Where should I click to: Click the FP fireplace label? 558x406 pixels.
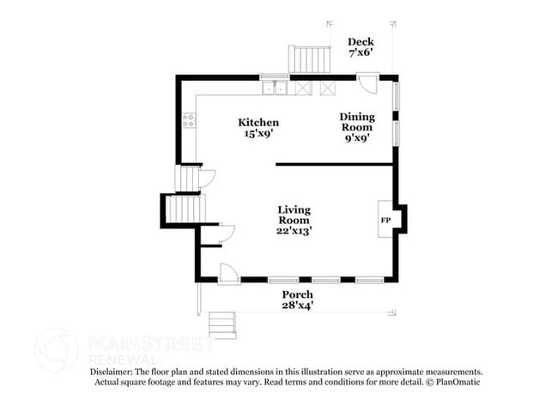tap(385, 221)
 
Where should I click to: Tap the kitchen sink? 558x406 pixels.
tap(275, 88)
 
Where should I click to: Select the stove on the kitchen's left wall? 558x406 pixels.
tap(189, 121)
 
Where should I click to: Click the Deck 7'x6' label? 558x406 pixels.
tap(361, 47)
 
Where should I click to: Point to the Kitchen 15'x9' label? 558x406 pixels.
tap(258, 128)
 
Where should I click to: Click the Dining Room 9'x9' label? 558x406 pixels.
tap(357, 127)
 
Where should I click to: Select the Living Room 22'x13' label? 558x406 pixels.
tap(294, 221)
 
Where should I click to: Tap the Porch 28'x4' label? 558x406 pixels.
tap(298, 300)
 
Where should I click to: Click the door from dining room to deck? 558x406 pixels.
tap(367, 83)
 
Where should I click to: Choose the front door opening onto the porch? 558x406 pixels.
tap(228, 274)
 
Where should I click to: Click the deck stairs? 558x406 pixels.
tap(309, 59)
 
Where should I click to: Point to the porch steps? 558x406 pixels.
tap(222, 325)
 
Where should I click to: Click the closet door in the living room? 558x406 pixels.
tap(227, 233)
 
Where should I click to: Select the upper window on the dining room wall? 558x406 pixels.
tap(396, 96)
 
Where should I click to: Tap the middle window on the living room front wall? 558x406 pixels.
tap(326, 280)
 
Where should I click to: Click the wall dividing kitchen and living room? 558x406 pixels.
tap(334, 164)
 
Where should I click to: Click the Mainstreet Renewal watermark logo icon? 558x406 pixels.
tap(56, 350)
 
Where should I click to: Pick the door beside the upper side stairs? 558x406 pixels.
tap(207, 179)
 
